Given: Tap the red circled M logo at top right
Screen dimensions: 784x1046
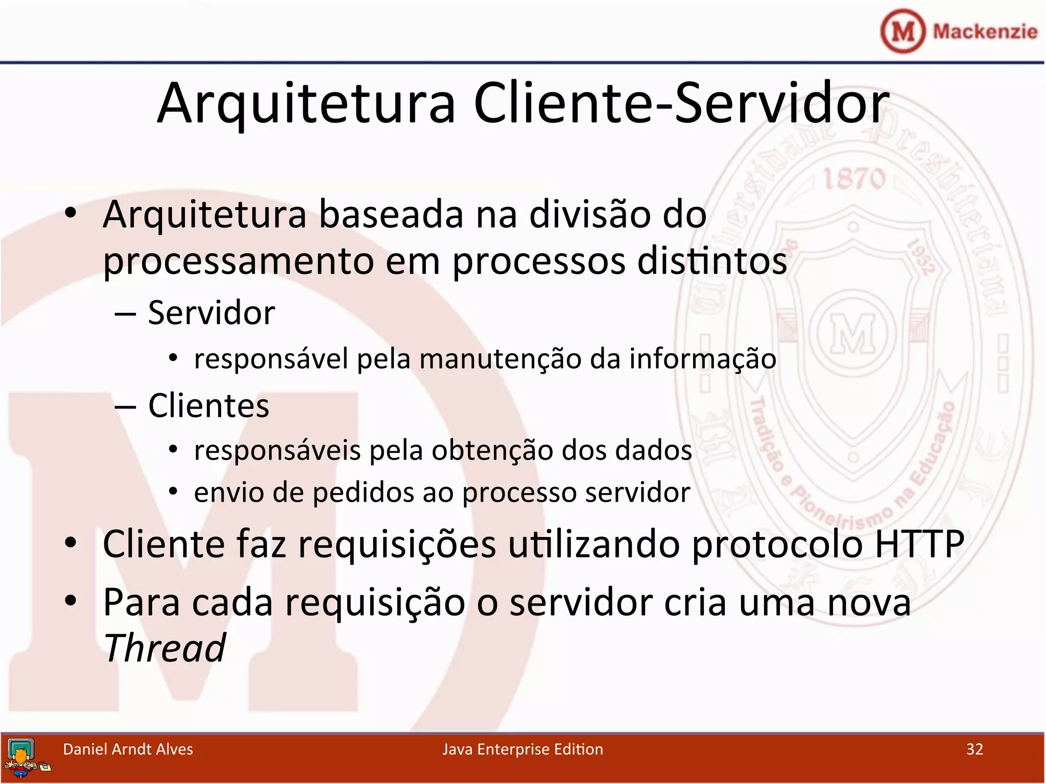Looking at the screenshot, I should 902,31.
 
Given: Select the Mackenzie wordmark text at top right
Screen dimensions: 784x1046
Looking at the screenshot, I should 985,32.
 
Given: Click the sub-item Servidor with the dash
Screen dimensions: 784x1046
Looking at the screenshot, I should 211,312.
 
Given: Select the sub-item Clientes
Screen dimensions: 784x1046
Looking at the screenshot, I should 208,406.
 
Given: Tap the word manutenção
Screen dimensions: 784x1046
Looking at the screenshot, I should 500,359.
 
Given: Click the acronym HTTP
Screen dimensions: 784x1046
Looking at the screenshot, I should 919,544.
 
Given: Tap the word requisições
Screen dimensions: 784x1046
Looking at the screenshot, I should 397,544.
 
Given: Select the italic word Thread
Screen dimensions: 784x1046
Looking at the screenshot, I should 164,648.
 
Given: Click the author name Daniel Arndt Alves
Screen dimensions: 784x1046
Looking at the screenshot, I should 128,749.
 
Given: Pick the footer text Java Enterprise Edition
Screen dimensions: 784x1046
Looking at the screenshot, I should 522,749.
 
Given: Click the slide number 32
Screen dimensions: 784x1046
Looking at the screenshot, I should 974,749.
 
